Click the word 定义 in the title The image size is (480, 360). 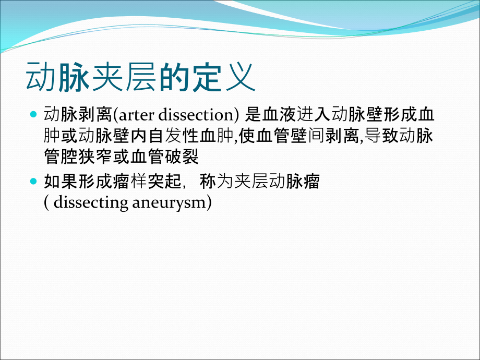pos(224,78)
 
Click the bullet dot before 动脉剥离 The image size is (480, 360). pos(34,114)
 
